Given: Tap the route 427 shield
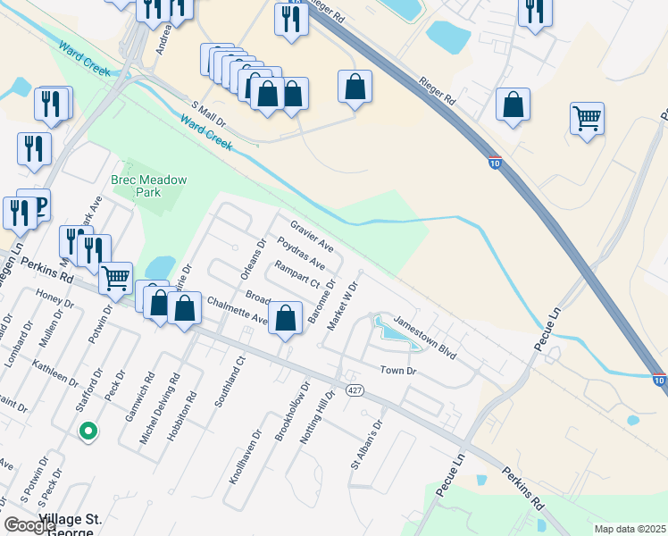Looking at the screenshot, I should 355,390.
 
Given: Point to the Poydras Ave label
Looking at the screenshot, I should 300,253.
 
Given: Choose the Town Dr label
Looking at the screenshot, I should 398,370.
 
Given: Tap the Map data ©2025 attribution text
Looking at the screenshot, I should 630,529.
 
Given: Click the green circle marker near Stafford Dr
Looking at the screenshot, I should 88,431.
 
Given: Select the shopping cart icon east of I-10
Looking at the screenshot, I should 587,117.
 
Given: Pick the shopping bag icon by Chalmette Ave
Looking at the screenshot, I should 285,318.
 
